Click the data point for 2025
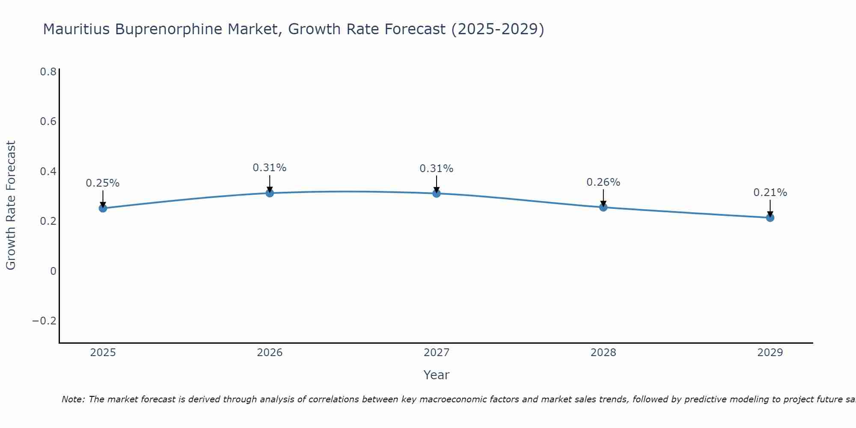(103, 208)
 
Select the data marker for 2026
(270, 193)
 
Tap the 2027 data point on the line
(437, 193)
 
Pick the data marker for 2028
(603, 207)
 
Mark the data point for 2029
(770, 217)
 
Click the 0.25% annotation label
(103, 183)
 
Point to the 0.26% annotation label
(603, 182)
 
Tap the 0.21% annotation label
(770, 193)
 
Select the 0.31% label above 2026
(270, 168)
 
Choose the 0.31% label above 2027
(437, 169)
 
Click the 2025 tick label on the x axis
(103, 353)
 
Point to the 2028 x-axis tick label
(603, 353)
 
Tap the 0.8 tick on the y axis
(48, 72)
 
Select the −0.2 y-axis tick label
(45, 321)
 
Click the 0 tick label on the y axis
(53, 271)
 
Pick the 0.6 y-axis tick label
(48, 122)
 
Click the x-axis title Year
(436, 375)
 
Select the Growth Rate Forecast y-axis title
(11, 205)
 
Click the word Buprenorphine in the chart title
(169, 30)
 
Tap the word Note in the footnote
(73, 399)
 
